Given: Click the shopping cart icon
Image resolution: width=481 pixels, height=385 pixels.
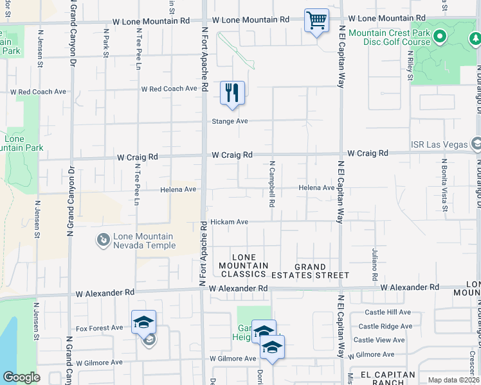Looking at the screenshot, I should tap(316, 21).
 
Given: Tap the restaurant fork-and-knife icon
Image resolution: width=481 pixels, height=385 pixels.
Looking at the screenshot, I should tap(232, 92).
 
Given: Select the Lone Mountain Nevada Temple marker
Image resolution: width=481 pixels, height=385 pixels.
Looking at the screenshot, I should tap(102, 241).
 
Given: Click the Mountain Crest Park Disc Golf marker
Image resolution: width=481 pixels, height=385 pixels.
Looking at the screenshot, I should tap(440, 37).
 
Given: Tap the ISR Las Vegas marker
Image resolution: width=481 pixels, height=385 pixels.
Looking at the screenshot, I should tap(475, 143).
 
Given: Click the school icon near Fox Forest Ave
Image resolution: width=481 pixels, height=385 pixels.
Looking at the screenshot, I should tap(144, 322).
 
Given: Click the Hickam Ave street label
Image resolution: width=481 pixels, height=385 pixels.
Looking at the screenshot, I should tap(229, 222).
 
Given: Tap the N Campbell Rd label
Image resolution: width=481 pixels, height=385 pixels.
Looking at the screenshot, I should tap(273, 184).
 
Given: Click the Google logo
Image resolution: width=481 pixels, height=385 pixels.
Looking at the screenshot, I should tap(21, 377).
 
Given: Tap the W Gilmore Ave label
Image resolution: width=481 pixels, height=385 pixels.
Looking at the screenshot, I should tap(99, 363).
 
